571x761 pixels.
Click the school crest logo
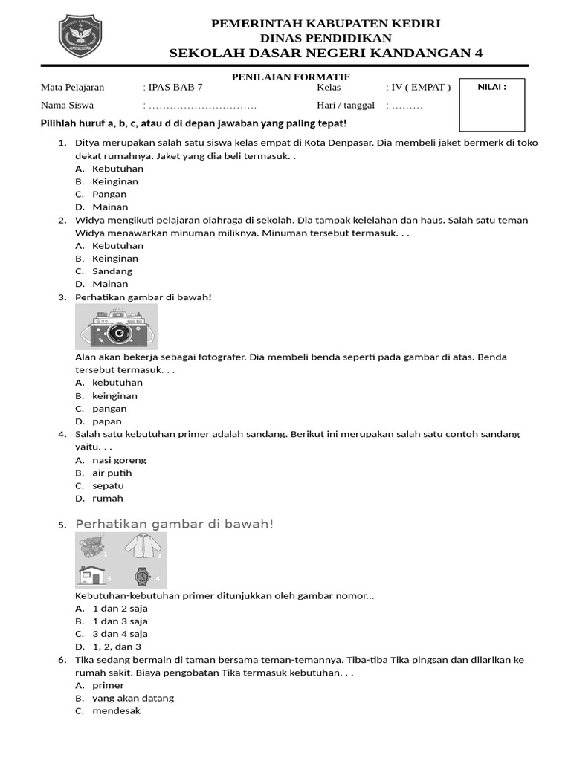80,36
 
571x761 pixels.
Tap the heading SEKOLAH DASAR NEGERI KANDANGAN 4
326,53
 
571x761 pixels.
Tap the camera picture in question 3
117,326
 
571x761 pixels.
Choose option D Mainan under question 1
110,207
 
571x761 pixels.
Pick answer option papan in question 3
107,421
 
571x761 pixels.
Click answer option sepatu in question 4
108,485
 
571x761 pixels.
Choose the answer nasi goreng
119,460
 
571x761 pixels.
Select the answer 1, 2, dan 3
116,647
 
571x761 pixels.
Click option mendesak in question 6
116,710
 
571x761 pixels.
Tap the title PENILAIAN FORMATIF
291,77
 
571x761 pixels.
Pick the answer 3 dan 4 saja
120,634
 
